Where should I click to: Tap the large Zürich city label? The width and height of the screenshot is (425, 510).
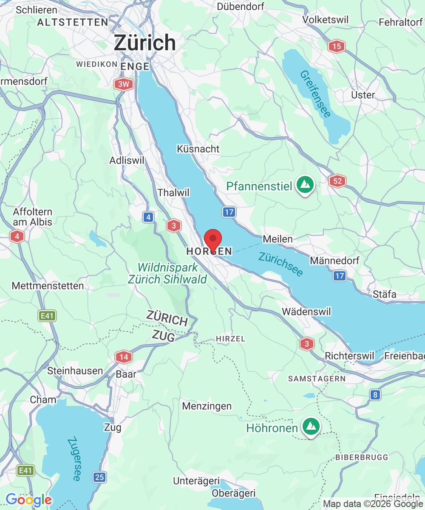tap(145, 43)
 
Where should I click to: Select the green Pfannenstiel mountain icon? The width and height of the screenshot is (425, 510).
tap(305, 185)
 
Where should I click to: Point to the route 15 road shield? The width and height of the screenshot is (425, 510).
tap(336, 46)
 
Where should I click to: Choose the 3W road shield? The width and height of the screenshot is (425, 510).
tap(123, 84)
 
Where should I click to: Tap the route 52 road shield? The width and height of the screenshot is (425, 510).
tap(337, 181)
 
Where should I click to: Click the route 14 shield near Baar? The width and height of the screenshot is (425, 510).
tap(124, 357)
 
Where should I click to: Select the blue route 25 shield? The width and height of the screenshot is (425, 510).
tap(99, 477)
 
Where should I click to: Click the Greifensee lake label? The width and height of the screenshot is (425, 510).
tap(315, 93)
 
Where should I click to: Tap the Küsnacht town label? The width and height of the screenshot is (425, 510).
tap(198, 149)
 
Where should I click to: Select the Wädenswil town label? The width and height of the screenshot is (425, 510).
tap(306, 312)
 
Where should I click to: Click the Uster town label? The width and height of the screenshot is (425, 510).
tap(363, 95)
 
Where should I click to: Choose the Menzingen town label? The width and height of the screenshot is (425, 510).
tap(207, 406)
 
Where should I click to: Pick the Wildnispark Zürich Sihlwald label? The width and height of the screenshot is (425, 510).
tap(167, 273)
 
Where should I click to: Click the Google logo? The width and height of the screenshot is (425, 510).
tap(28, 500)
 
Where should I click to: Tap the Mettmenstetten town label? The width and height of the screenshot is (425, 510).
tap(48, 286)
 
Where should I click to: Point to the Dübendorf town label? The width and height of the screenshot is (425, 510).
tap(241, 6)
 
